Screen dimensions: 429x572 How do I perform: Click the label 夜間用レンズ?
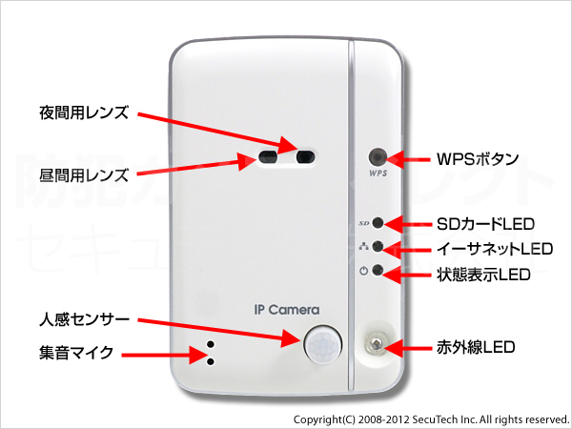[83, 109]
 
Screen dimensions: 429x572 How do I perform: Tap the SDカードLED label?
[486, 223]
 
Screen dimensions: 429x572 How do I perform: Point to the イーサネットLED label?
[494, 249]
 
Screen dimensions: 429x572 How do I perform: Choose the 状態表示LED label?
[483, 276]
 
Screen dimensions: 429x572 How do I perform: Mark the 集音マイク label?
[70, 353]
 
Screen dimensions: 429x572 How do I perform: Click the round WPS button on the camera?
[378, 156]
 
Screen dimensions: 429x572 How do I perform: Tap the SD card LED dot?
[378, 223]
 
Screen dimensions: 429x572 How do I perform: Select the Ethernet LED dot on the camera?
[378, 247]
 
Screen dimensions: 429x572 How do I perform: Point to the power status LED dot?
[378, 271]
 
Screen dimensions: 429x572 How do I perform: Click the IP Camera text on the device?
[287, 310]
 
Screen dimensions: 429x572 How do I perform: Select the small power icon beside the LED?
[363, 271]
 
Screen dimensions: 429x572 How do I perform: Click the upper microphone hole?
[210, 344]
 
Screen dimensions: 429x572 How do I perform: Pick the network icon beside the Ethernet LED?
[363, 247]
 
